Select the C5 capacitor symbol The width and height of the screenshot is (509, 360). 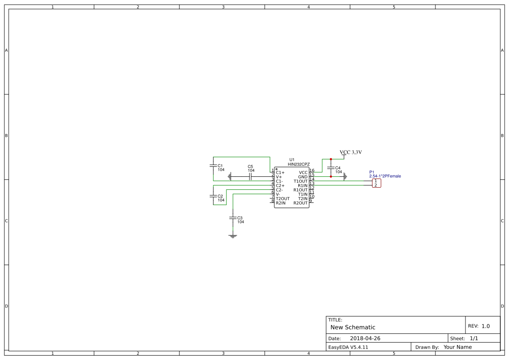[x=250, y=177]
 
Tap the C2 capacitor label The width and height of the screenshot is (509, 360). [x=220, y=196]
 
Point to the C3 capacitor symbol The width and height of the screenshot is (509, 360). [x=233, y=218]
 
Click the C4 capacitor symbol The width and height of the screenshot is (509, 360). [x=331, y=168]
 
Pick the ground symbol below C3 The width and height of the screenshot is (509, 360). [x=233, y=236]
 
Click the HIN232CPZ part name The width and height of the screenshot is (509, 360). [x=299, y=164]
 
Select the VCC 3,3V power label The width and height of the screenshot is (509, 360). [x=351, y=152]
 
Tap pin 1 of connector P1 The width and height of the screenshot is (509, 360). [x=376, y=181]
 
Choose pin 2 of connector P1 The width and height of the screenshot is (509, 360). [x=376, y=185]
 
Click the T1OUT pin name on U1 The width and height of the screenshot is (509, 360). [x=300, y=181]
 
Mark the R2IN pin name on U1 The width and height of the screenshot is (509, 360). [x=281, y=203]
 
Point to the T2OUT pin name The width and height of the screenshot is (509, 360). [x=283, y=199]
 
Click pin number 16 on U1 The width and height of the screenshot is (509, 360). [x=312, y=171]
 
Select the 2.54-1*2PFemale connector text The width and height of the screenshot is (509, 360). [x=385, y=176]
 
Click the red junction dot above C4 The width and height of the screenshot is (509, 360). [x=331, y=159]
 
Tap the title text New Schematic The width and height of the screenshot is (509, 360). [x=353, y=327]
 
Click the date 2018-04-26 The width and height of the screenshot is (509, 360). [x=365, y=338]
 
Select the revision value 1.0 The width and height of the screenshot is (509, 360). [x=485, y=326]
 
